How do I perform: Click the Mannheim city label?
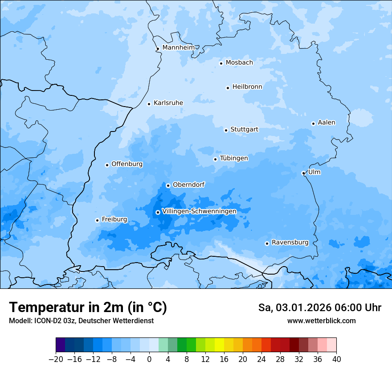178,47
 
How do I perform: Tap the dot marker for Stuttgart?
226,130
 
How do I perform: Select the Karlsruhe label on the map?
168,103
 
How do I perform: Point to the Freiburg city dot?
97,220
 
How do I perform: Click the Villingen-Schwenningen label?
199,211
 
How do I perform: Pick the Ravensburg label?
290,243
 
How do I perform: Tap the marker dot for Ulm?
303,173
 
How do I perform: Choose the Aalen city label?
327,123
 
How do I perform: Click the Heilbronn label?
247,87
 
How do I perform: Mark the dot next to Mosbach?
221,63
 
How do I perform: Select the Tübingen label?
234,158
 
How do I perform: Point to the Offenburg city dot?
107,165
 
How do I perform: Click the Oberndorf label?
188,185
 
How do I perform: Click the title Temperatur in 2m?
88,307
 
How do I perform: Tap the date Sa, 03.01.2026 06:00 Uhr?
319,308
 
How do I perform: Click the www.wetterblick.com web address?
321,321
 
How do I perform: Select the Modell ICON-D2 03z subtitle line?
81,321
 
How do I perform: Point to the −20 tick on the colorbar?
56,359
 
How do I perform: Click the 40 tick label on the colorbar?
336,359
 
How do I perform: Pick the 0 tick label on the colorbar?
149,359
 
